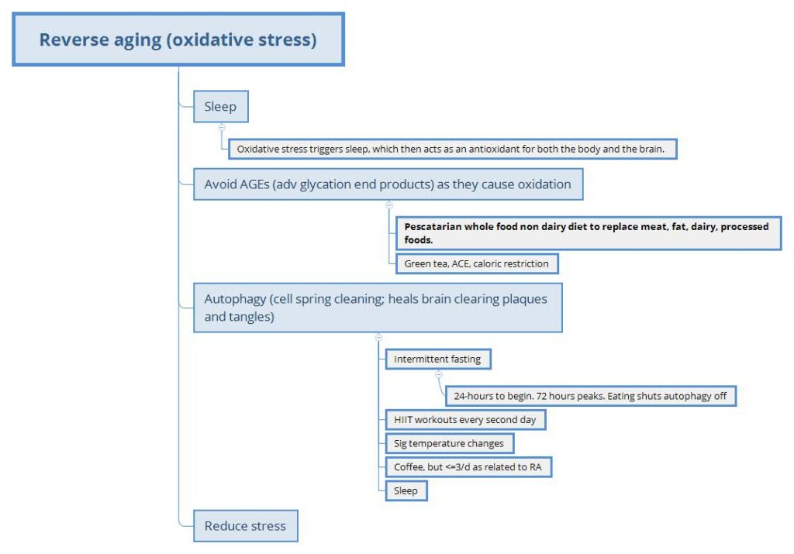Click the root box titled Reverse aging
tap(178, 40)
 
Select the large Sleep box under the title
tap(221, 107)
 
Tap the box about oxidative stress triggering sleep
tap(453, 150)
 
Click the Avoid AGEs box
tap(388, 184)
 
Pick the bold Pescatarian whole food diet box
tap(589, 233)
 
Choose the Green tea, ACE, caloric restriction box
tap(477, 263)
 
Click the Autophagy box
tap(378, 308)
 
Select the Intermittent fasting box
tap(438, 360)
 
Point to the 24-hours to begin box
tap(590, 396)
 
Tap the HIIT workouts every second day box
tap(465, 420)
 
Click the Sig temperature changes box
tap(450, 444)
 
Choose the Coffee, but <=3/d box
tap(468, 467)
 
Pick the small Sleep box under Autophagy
tap(406, 490)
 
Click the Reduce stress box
tap(246, 526)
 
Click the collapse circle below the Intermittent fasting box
tap(439, 375)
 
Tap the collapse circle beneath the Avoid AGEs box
tap(389, 205)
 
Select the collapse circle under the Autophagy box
tap(378, 338)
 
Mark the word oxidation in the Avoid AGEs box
tap(544, 184)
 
